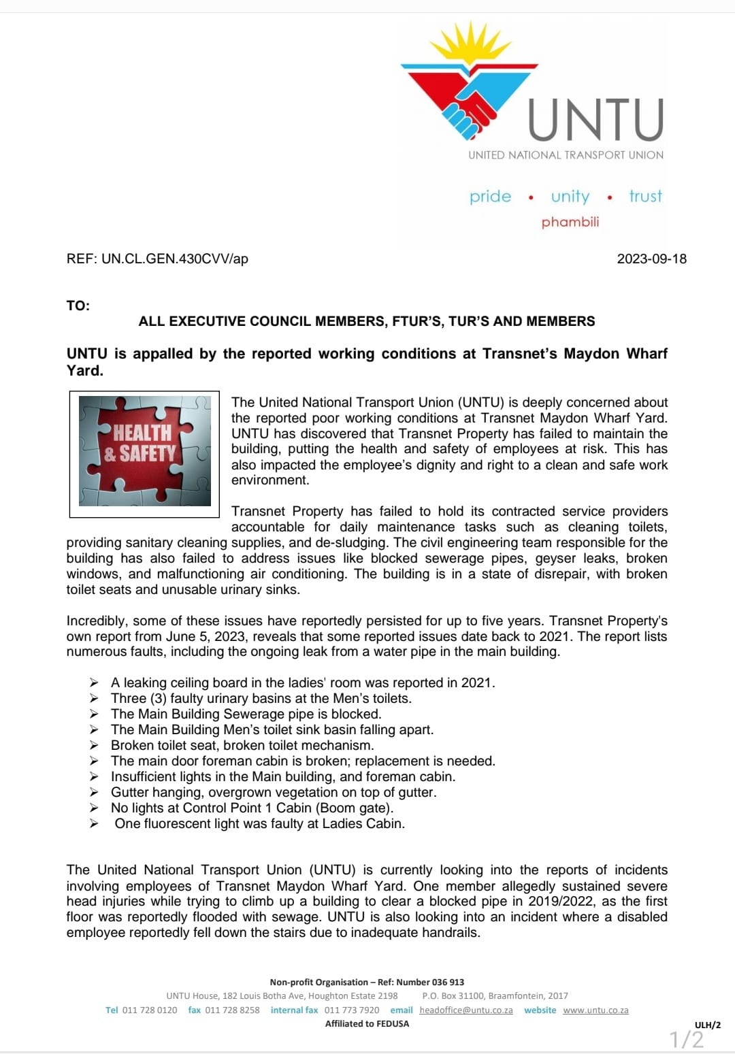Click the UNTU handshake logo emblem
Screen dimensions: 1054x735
coord(470,82)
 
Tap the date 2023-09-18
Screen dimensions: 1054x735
coord(651,259)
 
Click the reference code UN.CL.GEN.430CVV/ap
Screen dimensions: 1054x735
coord(174,259)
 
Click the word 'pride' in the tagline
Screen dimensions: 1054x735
coord(490,197)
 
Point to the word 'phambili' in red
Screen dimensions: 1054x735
coord(570,222)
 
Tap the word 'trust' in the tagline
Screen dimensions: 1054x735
coord(645,197)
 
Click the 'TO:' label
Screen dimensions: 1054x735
coord(78,306)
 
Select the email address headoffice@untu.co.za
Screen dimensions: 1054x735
coord(466,1010)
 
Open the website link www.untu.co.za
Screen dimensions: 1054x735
coord(595,1010)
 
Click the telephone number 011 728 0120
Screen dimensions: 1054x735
coord(150,1010)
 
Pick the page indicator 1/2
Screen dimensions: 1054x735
coord(687,1039)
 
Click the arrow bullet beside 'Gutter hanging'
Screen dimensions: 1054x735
coord(94,793)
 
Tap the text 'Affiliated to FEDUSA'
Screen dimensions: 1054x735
coord(367,1024)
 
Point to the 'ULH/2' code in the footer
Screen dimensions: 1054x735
coord(707,1025)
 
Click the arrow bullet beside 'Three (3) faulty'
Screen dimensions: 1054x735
coord(94,699)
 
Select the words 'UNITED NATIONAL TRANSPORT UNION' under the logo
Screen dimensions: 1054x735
coord(566,155)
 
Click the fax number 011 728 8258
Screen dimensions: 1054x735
coord(232,1010)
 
